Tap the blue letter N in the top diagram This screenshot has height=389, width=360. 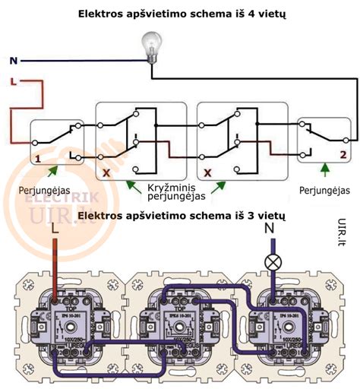[x=14, y=60]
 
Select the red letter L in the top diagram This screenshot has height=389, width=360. [x=14, y=81]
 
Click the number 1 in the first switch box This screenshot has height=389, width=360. [x=36, y=159]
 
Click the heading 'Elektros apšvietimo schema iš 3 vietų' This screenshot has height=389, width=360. [x=180, y=216]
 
